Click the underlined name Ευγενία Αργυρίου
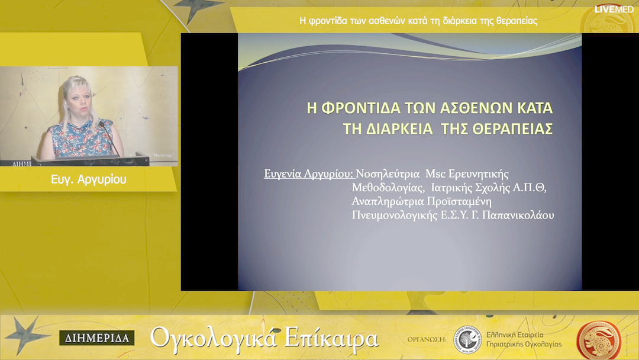click(308, 174)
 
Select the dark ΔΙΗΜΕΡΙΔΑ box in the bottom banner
click(96, 339)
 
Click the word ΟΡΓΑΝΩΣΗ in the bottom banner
click(426, 339)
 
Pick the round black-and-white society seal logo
click(466, 338)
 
